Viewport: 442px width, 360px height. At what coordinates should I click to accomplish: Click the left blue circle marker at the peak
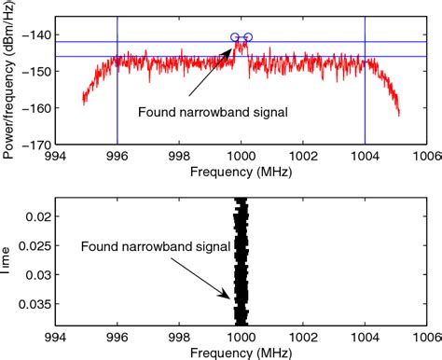click(x=234, y=37)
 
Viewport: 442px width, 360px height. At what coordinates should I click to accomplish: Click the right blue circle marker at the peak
click(x=248, y=37)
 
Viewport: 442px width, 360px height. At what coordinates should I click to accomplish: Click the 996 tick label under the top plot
click(x=117, y=157)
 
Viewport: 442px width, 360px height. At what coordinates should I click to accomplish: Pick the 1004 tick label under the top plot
click(x=365, y=157)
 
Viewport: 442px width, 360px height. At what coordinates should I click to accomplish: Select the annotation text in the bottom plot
click(x=138, y=247)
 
